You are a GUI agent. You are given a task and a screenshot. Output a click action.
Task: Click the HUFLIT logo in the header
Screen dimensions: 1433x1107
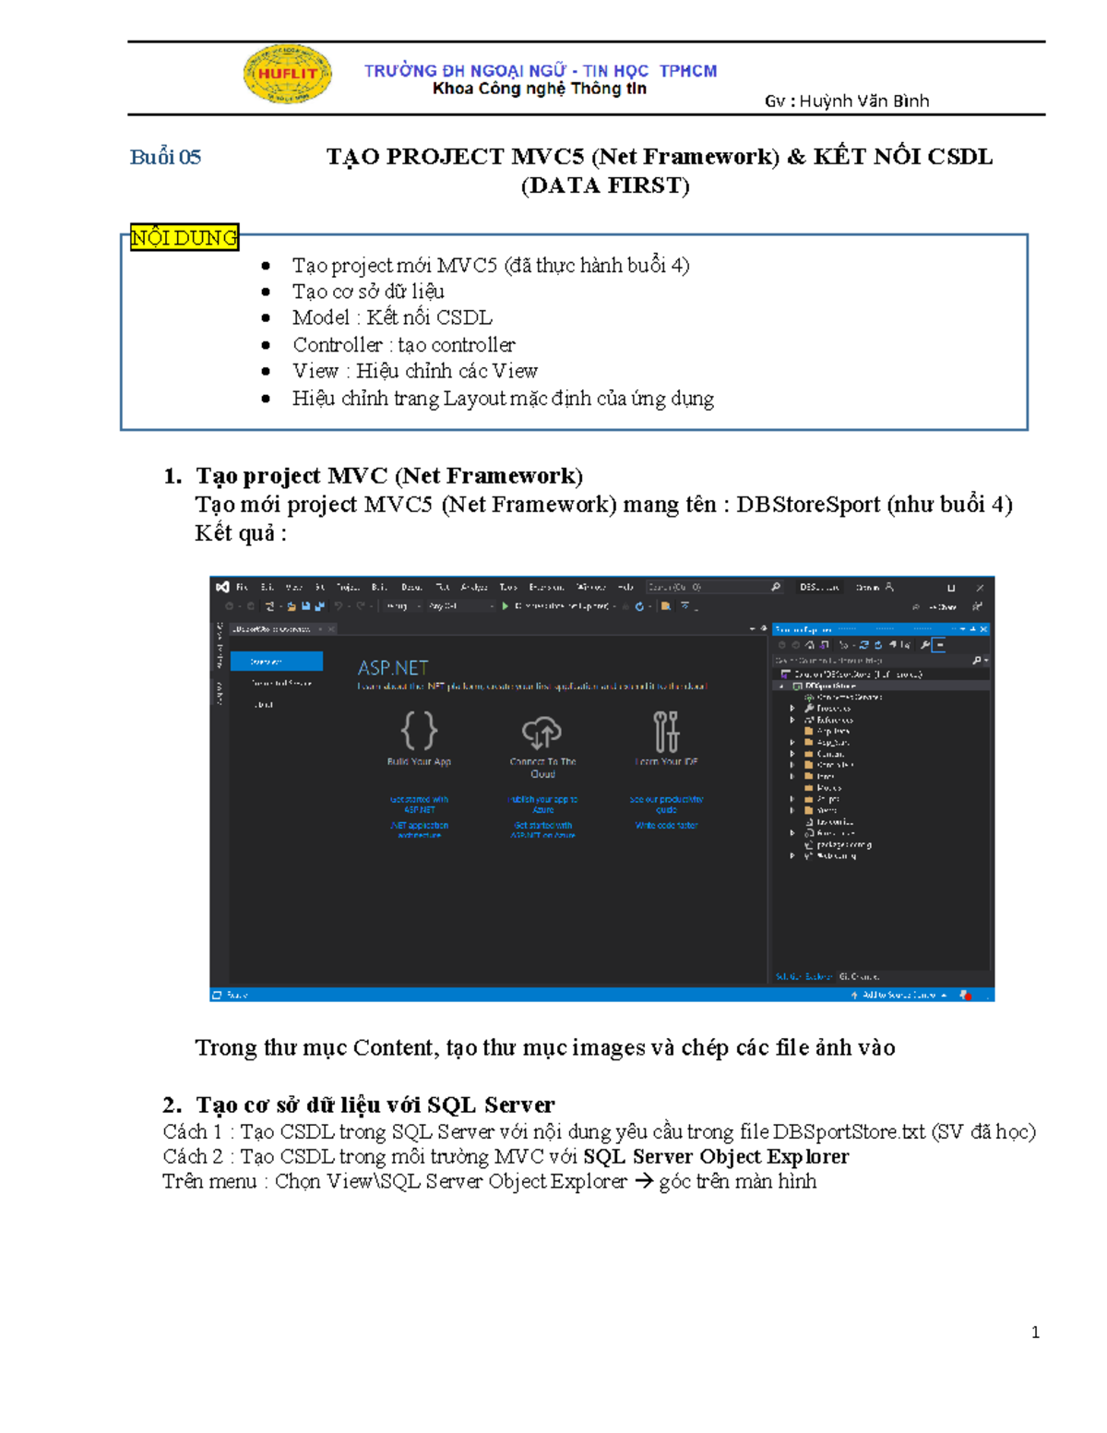pos(287,74)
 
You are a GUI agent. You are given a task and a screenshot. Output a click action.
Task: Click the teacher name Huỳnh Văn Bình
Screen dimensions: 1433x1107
pos(863,102)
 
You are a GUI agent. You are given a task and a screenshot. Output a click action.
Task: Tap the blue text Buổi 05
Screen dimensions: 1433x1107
pos(165,157)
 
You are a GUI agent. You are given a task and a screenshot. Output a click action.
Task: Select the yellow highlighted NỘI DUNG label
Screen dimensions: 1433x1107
pos(184,238)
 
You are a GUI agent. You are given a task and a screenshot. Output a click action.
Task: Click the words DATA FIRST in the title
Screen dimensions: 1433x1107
pos(605,186)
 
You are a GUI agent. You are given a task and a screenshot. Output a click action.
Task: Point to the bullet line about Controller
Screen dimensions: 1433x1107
pos(403,345)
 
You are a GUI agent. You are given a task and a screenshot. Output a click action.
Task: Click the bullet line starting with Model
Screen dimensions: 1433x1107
pos(392,318)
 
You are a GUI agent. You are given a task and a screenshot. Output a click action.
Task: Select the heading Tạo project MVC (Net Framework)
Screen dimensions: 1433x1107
pos(388,476)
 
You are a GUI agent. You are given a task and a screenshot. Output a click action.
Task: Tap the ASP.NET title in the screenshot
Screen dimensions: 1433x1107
pos(393,667)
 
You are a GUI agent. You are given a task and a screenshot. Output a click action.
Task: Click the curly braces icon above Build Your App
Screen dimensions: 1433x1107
pos(419,731)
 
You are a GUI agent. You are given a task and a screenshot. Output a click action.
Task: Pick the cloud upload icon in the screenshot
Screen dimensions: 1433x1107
pos(542,733)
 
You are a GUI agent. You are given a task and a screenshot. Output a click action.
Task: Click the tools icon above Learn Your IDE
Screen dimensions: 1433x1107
pos(666,732)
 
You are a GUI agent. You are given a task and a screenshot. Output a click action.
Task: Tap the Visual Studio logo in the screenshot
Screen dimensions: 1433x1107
pos(222,587)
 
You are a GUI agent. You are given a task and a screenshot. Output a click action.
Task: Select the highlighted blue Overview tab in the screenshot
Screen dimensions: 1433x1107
pos(276,662)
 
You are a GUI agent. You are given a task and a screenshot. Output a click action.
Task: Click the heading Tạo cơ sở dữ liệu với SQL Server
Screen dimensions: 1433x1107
pos(375,1105)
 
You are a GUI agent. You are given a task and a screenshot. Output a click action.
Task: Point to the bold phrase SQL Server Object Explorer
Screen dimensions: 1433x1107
pos(716,1157)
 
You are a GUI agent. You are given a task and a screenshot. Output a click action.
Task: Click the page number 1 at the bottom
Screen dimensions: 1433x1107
pos(1035,1332)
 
